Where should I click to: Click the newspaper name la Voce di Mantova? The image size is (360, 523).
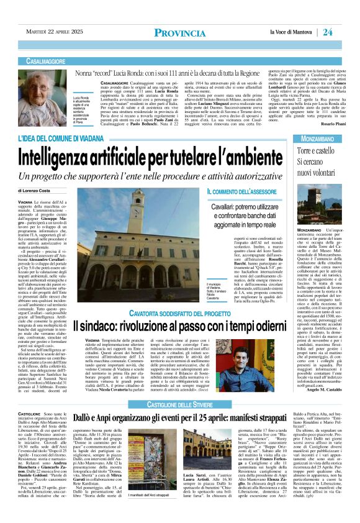(x=292, y=32)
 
